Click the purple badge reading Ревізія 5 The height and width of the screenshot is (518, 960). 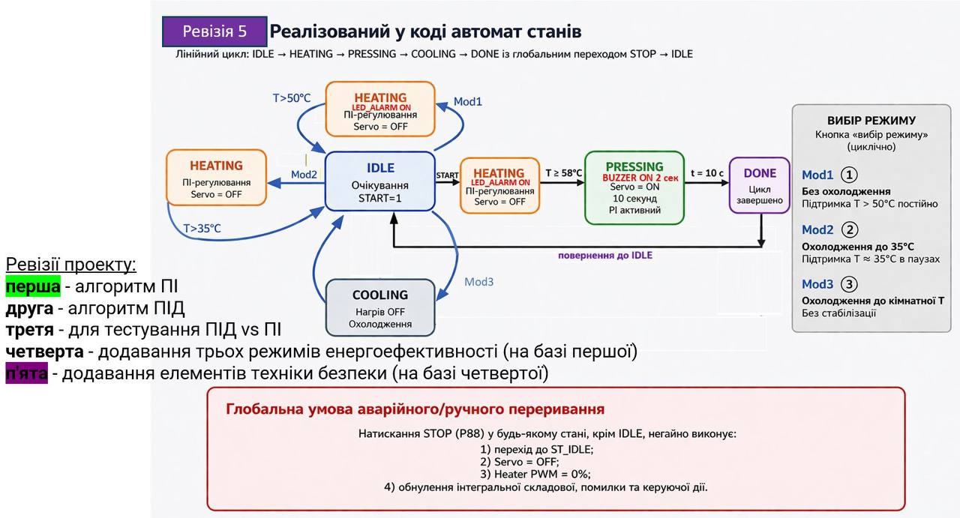[214, 31]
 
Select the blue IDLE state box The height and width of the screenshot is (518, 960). [379, 181]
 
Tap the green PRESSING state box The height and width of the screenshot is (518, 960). [634, 187]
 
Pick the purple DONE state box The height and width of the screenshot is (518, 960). [759, 185]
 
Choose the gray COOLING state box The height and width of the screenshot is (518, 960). [380, 308]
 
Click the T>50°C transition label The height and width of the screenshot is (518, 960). [291, 98]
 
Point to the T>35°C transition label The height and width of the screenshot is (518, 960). [202, 228]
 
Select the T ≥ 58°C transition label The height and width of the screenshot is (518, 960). [563, 173]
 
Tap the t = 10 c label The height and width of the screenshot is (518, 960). [707, 173]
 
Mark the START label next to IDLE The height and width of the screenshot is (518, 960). [447, 175]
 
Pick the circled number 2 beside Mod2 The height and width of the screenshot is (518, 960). [850, 229]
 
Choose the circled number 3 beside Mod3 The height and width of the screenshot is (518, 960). [850, 284]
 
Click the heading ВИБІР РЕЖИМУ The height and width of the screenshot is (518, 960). [871, 120]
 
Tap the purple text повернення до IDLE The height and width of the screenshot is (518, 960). [604, 256]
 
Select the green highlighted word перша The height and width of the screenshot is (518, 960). [32, 286]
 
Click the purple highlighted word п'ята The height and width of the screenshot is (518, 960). [26, 373]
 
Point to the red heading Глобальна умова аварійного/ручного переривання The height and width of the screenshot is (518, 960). [415, 409]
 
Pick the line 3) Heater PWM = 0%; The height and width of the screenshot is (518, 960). [535, 474]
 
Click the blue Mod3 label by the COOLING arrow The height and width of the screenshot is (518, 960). [478, 282]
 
